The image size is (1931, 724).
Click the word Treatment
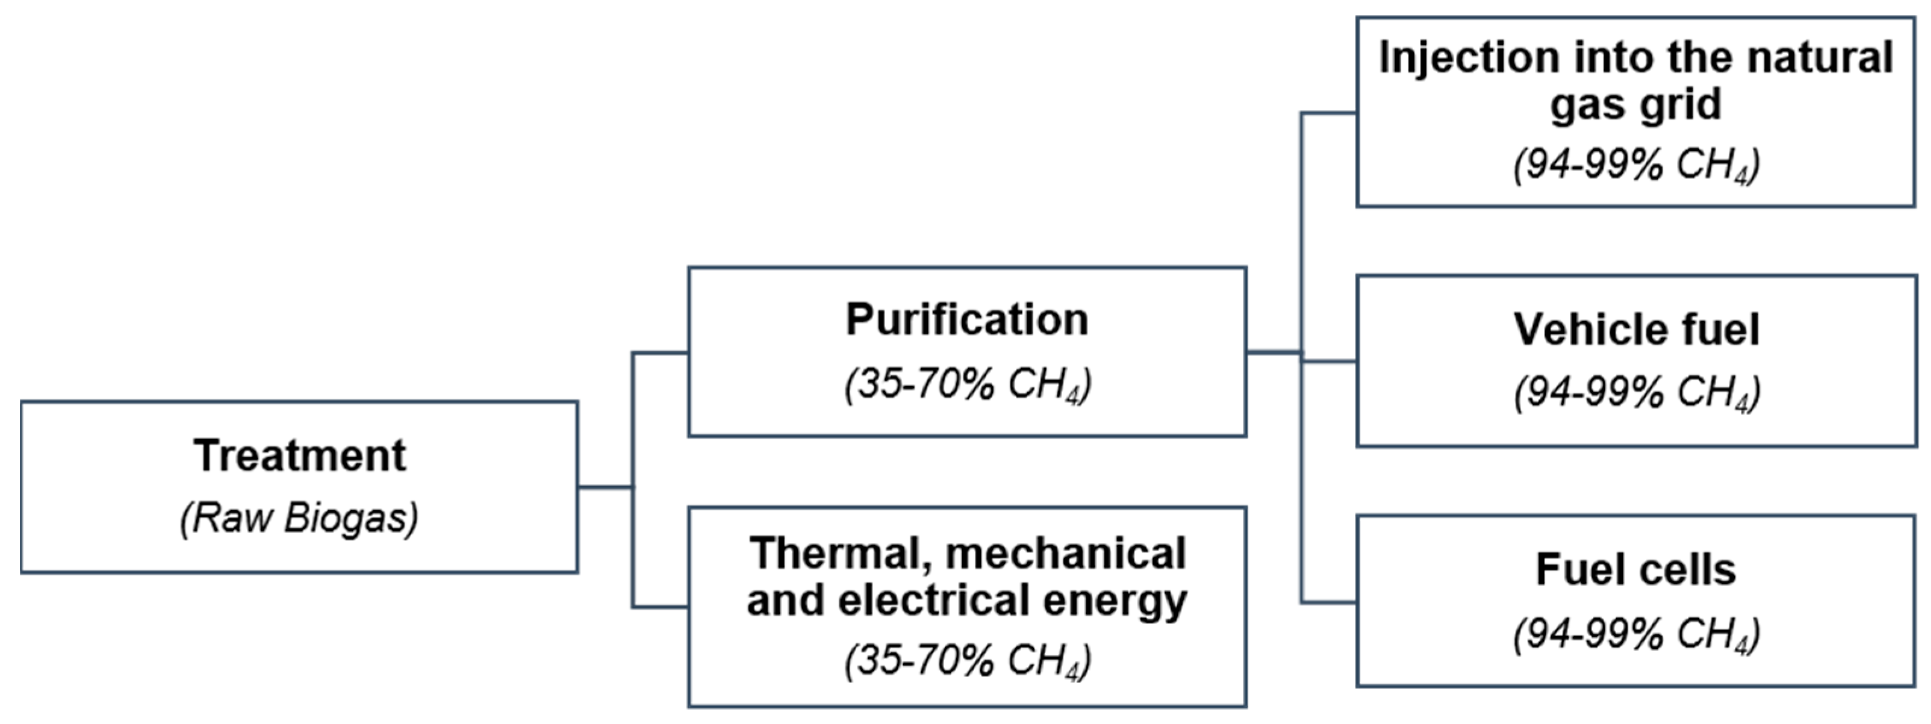(x=299, y=456)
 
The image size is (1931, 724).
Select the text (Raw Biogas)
(x=299, y=518)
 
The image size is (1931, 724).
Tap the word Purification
(x=967, y=320)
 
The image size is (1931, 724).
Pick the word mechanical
(x=1065, y=553)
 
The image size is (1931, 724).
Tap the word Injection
(x=1469, y=58)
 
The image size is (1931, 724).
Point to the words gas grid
(x=1636, y=104)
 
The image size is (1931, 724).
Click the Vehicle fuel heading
(x=1636, y=330)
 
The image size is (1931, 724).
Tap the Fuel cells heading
(x=1636, y=569)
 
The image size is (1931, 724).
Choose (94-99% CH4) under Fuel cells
(x=1636, y=634)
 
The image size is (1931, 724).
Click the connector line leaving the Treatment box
(x=604, y=487)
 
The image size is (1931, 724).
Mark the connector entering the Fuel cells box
(x=1328, y=602)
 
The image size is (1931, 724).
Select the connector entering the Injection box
(x=1328, y=113)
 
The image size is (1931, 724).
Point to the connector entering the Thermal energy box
(x=659, y=606)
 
